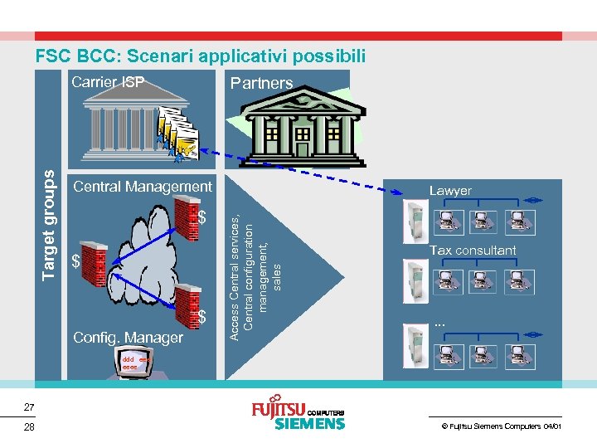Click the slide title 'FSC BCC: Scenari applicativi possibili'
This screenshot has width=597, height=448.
click(x=200, y=56)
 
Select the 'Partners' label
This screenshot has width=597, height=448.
click(x=261, y=83)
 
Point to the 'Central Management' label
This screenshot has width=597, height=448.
click(x=143, y=187)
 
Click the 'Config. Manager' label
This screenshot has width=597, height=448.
click(x=129, y=338)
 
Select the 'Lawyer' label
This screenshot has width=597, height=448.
click(x=450, y=191)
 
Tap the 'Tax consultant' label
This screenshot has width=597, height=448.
click(x=473, y=250)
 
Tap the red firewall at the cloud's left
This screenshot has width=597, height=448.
click(x=94, y=264)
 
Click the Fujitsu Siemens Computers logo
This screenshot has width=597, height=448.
click(x=298, y=415)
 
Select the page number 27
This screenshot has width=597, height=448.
click(x=29, y=407)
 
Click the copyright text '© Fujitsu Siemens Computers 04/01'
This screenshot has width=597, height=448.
click(x=501, y=426)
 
